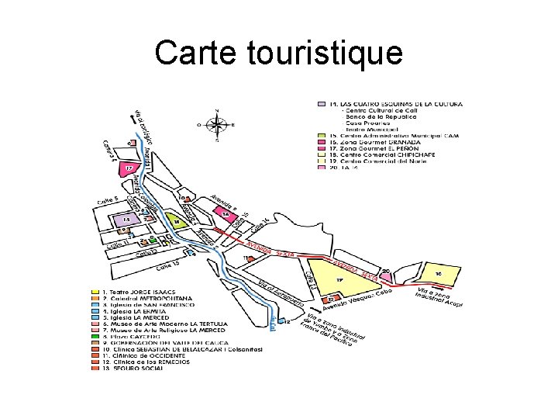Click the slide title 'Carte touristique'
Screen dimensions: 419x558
point(278,53)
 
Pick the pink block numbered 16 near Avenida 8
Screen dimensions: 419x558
point(226,213)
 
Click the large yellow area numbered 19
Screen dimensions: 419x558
point(339,279)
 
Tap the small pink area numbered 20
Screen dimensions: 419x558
point(385,272)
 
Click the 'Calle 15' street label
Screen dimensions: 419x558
point(172,265)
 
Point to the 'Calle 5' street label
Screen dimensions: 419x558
point(107,200)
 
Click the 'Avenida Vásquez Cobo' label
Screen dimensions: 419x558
point(360,298)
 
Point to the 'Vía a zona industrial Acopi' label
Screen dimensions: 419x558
point(439,298)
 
